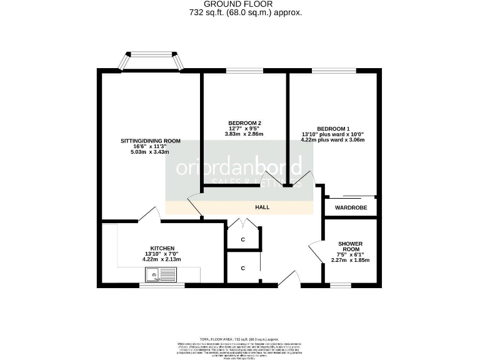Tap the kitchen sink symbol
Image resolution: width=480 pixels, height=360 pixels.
tap(161, 274)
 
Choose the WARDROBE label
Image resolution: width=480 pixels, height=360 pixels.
tap(351, 207)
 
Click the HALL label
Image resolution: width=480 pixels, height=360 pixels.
tap(262, 207)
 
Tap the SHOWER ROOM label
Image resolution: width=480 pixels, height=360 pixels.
tap(350, 247)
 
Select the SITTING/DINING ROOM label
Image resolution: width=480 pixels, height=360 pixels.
tap(150, 141)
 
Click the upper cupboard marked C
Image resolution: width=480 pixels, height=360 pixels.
tap(243, 239)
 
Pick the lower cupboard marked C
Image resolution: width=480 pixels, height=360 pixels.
tap(243, 269)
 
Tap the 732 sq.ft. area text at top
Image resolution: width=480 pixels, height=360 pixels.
tap(245, 12)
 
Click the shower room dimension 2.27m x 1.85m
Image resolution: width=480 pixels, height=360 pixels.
tap(350, 260)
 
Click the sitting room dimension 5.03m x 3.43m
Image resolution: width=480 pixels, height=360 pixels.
tap(150, 152)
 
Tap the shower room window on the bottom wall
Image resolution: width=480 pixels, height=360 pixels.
tap(341, 286)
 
